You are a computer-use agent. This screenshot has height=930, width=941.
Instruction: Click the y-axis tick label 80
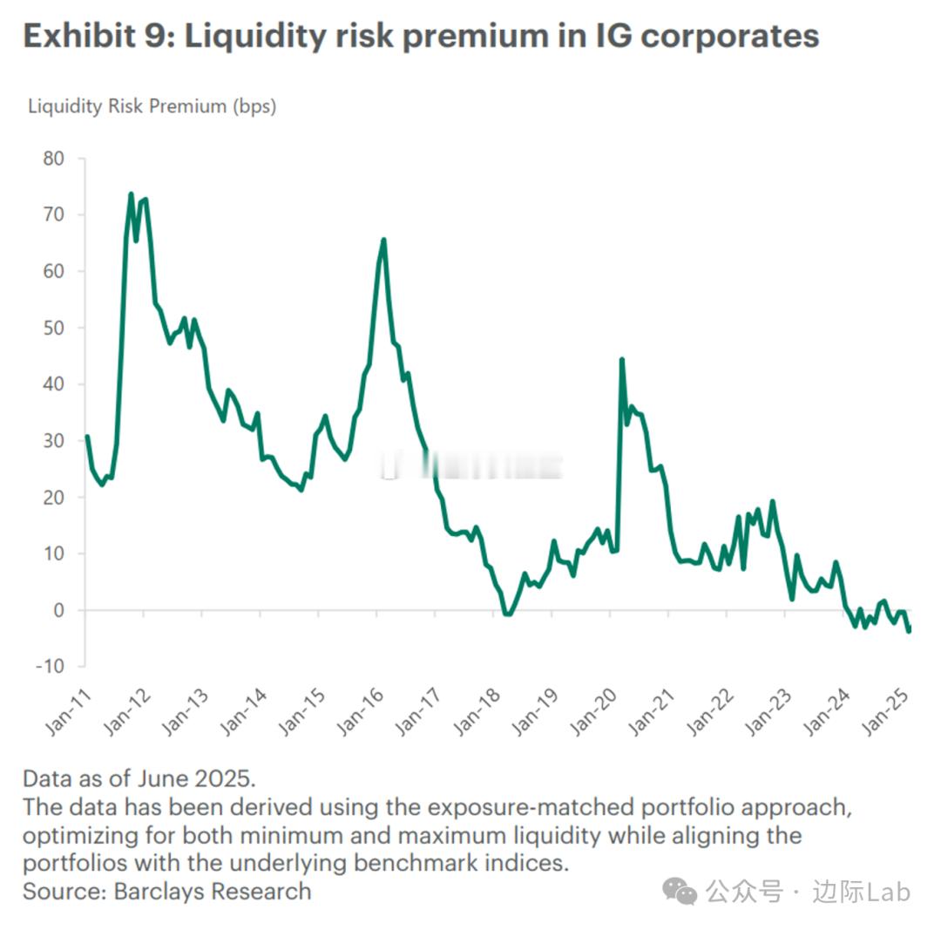point(53,159)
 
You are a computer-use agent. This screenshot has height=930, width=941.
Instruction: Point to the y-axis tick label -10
point(49,667)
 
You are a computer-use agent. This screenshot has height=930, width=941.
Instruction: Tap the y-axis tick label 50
point(53,328)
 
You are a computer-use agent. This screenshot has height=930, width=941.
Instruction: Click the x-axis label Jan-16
point(360,712)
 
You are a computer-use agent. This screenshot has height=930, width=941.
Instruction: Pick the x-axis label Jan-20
point(592,712)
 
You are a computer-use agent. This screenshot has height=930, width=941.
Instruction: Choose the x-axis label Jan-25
point(883,712)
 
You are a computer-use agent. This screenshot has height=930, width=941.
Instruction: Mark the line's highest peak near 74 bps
point(131,194)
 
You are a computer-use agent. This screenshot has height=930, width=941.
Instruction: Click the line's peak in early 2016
point(383,240)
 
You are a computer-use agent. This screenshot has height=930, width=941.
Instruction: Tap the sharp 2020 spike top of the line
point(621,359)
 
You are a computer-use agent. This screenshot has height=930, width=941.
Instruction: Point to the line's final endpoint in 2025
point(909,630)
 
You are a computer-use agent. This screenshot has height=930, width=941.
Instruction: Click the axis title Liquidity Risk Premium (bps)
point(152,106)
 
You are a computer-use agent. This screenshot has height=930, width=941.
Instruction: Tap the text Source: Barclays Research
point(166,892)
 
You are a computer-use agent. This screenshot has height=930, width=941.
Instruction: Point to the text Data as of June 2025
point(139,778)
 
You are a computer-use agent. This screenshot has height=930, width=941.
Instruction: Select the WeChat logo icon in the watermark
point(680,891)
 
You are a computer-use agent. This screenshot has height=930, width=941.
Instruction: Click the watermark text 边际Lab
point(862,892)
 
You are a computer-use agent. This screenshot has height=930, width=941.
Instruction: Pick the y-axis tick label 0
point(59,610)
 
